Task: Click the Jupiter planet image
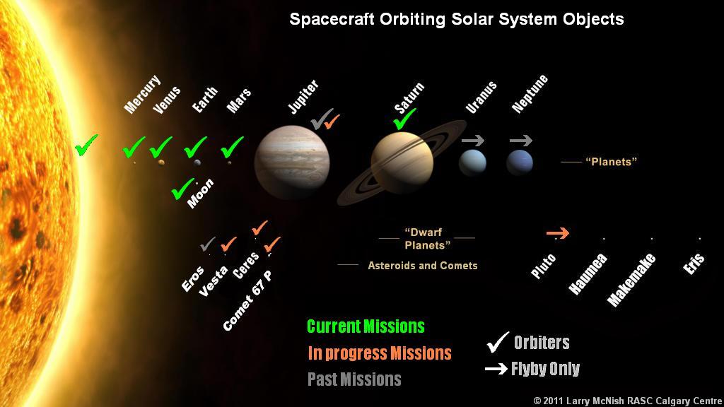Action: point(292,162)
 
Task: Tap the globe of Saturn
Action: point(402,163)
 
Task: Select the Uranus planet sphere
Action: point(472,163)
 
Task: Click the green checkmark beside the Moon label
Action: point(182,189)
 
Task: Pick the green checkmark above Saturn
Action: point(404,119)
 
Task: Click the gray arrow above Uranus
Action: point(473,141)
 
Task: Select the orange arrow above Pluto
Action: point(557,233)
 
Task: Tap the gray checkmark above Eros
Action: point(208,244)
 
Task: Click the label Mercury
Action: point(143,94)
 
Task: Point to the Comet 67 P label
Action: point(247,301)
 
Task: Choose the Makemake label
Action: point(631,280)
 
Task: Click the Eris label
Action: point(694,264)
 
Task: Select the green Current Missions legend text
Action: point(366,326)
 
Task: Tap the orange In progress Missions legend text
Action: point(380,353)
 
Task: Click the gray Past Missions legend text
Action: point(354,379)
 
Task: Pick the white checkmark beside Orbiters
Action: point(498,343)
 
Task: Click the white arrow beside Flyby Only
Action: point(496,369)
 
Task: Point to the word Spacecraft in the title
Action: point(332,20)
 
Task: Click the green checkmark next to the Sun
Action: point(86,145)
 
